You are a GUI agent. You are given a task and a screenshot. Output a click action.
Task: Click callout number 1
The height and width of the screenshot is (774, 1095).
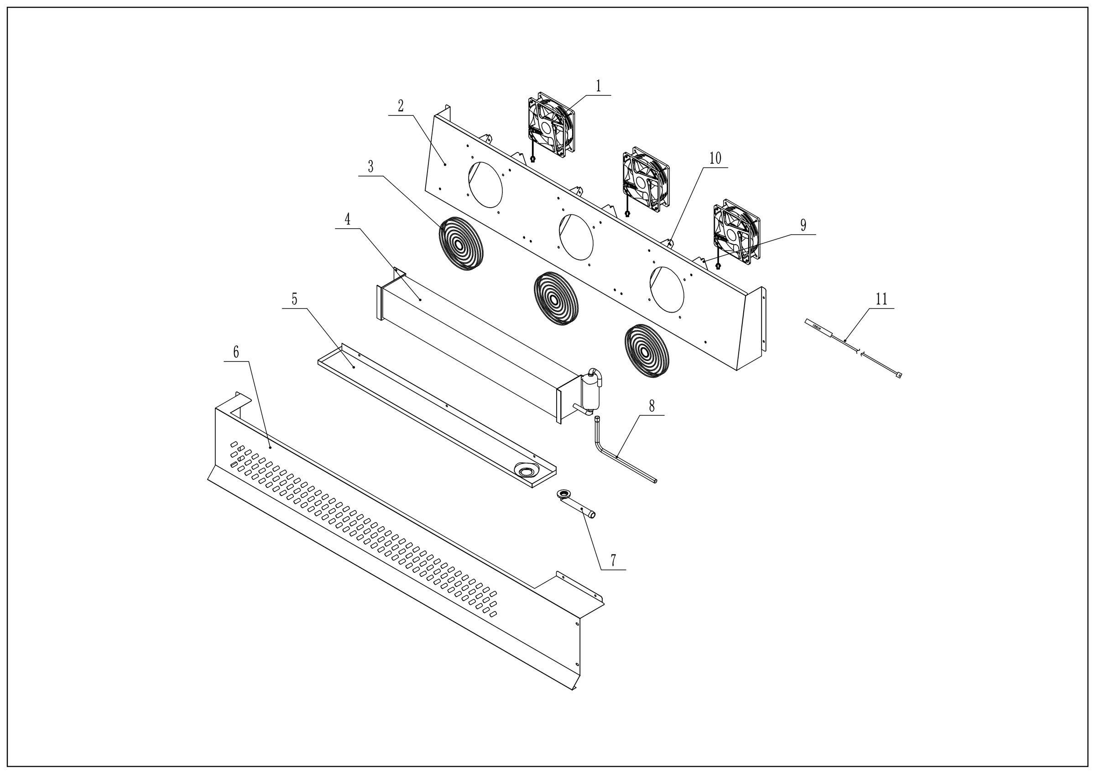tap(598, 86)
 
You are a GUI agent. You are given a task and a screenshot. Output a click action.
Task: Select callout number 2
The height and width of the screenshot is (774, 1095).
tap(401, 106)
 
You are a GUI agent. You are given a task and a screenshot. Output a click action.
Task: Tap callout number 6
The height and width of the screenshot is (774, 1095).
tap(235, 352)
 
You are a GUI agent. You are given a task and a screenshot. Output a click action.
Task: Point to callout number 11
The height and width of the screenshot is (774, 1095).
tap(881, 299)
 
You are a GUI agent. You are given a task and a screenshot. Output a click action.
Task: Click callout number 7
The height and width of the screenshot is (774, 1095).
tap(613, 560)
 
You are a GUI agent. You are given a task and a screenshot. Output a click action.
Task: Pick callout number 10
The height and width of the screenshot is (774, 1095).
tap(715, 158)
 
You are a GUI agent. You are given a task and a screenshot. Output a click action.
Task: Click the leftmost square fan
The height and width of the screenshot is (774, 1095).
tap(551, 125)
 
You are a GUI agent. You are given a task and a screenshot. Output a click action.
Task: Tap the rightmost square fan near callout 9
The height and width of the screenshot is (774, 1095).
tap(736, 232)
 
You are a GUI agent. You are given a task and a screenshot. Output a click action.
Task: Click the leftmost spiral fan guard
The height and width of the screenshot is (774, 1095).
tap(461, 245)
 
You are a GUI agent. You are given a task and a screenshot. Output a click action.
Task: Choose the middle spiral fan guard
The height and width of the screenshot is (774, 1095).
tap(554, 299)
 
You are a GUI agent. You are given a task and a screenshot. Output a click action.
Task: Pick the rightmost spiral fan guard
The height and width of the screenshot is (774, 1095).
tap(647, 352)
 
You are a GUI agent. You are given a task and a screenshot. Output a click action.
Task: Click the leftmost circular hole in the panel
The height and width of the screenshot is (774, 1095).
tap(485, 184)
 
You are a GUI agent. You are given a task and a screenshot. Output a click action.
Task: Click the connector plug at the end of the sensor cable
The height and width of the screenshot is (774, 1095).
tap(899, 375)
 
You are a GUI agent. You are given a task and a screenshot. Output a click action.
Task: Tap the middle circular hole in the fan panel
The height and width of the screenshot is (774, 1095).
tap(576, 237)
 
